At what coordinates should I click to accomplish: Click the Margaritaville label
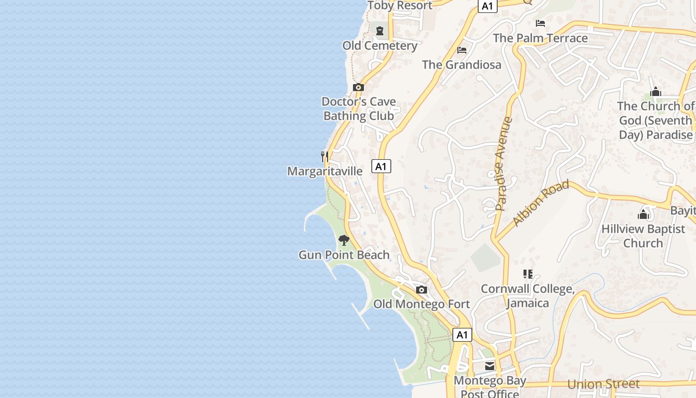tap(325, 171)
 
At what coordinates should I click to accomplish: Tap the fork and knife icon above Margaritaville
tap(324, 157)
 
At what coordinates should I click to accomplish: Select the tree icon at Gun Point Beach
tap(344, 241)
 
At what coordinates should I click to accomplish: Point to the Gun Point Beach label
tap(344, 255)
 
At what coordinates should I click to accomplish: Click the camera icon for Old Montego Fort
tap(422, 290)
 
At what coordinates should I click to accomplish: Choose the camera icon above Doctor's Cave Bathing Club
tap(358, 88)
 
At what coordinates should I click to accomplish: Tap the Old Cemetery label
tap(380, 46)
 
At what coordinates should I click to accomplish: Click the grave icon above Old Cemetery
tap(380, 31)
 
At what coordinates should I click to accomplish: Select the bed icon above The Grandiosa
tap(462, 50)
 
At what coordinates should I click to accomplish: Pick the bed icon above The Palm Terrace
tap(540, 23)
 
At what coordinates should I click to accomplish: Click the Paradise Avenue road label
tap(503, 164)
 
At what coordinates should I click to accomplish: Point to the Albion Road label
tap(541, 203)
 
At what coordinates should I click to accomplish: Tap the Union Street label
tap(603, 384)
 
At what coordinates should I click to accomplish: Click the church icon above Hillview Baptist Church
tap(643, 214)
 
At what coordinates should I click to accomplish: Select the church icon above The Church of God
tap(656, 92)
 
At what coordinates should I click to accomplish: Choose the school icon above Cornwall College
tap(528, 274)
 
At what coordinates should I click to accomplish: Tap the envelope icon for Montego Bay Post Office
tap(490, 367)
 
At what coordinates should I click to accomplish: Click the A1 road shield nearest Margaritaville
tap(381, 166)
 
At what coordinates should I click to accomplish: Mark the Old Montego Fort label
tap(422, 304)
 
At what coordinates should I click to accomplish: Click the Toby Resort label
tap(400, 5)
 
